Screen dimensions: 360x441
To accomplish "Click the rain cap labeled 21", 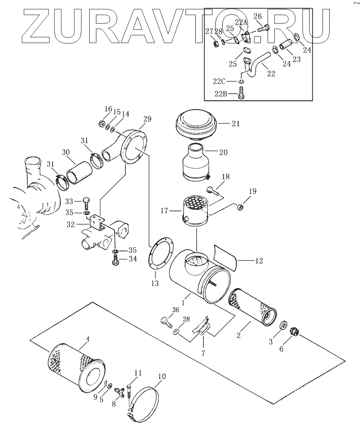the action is point(196,125).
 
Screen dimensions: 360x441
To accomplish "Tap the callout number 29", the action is point(147,119).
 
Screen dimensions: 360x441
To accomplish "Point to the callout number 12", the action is point(259,261).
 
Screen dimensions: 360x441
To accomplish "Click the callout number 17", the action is point(164,210).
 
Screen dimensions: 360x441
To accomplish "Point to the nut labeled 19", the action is point(240,207).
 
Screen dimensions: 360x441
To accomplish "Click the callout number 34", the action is point(133,259).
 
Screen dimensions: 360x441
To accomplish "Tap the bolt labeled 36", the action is point(166,322).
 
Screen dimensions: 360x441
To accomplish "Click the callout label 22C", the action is point(219,81).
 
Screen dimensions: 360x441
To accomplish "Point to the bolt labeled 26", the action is point(263,29).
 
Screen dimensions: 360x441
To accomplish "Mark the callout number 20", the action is point(223,152).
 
